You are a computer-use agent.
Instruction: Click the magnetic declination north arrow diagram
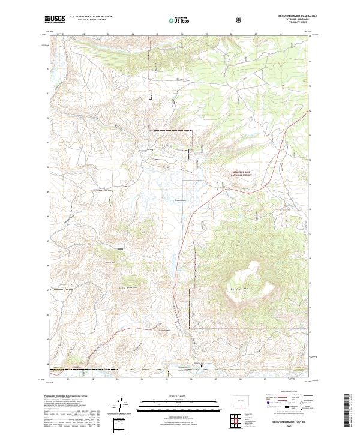(121, 405)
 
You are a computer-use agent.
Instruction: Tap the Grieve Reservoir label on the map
(181, 200)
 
